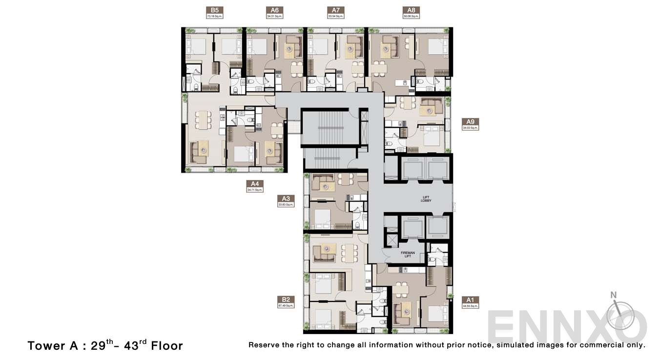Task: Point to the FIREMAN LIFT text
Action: tap(408, 255)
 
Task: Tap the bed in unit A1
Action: tap(437, 313)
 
